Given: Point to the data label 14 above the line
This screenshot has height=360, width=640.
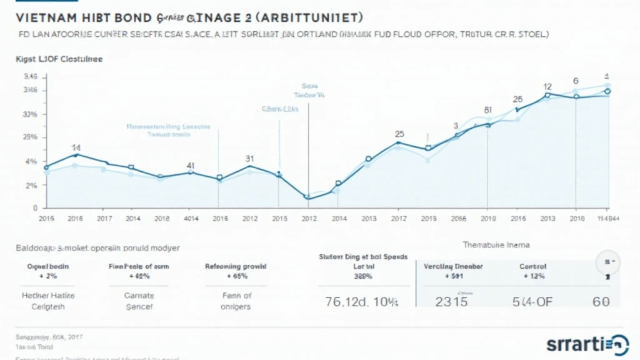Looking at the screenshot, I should click(76, 147).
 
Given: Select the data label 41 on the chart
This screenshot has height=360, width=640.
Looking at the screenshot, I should click(191, 166).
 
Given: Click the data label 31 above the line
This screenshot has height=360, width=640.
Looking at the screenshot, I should click(249, 158).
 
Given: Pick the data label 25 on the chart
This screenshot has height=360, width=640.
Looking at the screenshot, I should click(400, 134).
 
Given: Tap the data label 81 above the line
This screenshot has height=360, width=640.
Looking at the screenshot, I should click(488, 110).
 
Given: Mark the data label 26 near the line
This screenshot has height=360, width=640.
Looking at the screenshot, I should click(517, 99).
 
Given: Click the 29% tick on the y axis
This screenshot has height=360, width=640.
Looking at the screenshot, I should click(31, 137).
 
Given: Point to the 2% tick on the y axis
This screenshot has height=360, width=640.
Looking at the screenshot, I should click(31, 186).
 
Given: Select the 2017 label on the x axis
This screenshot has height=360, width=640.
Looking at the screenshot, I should click(104, 219).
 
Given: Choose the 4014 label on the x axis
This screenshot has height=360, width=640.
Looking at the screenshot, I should click(191, 219).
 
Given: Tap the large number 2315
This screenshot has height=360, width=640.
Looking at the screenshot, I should click(451, 300).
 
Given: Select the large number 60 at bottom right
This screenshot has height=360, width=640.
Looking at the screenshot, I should click(601, 301).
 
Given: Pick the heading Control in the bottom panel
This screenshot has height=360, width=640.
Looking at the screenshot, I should click(532, 266).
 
